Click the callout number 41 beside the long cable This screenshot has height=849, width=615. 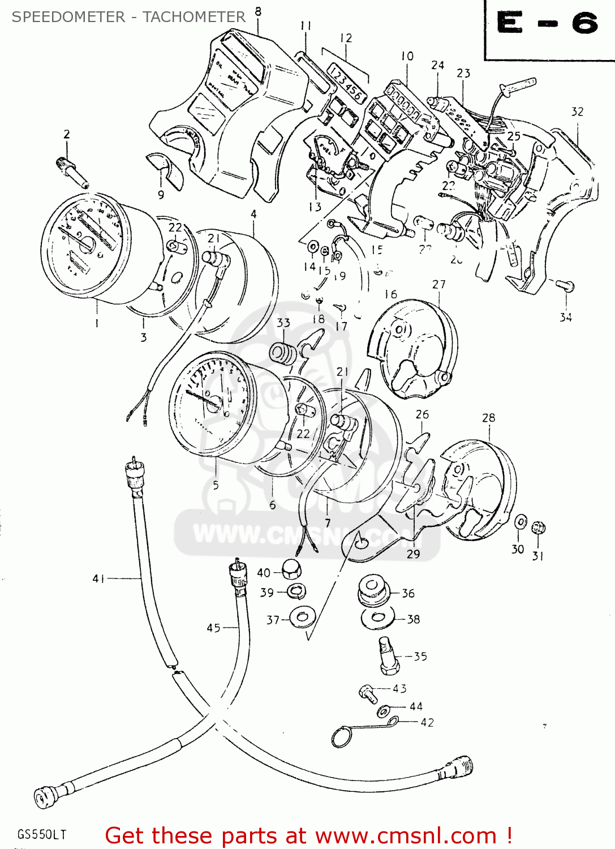pos(98,578)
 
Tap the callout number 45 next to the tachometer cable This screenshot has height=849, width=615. pos(213,628)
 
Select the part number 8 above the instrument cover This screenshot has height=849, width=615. pos(258,11)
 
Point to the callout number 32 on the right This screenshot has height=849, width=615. pos(577,112)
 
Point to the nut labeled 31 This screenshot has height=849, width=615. pos(539,528)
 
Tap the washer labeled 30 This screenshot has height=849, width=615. pos(521,522)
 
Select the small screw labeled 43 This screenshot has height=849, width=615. pos(368,693)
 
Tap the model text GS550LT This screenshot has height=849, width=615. pos(42,834)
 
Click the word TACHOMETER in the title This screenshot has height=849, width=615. pos(194,17)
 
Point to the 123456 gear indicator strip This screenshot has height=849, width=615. pos(346,82)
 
